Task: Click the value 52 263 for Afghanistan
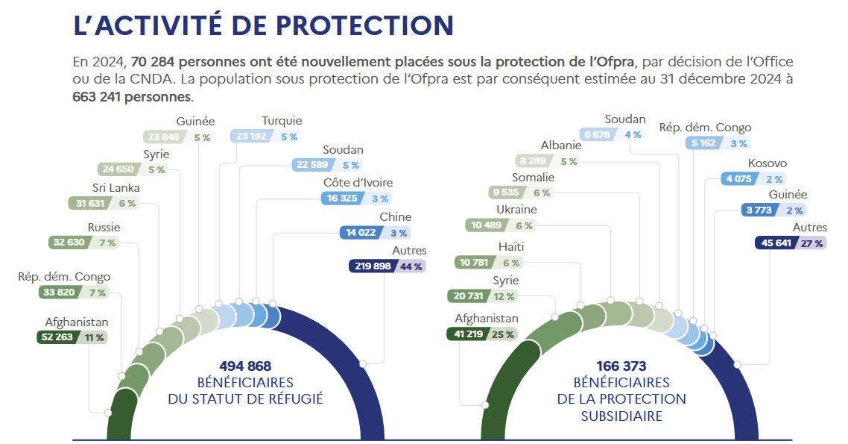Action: coord(57,337)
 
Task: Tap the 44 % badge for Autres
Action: coord(411,266)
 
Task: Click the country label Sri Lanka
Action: coord(116,188)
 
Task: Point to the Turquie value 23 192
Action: coord(253,137)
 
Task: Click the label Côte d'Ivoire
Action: coord(358,183)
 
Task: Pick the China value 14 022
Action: coord(358,232)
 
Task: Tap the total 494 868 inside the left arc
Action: coord(245,366)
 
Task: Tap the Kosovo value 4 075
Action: coord(738,178)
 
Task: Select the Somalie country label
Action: coord(533,178)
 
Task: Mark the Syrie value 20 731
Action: coord(470,296)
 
